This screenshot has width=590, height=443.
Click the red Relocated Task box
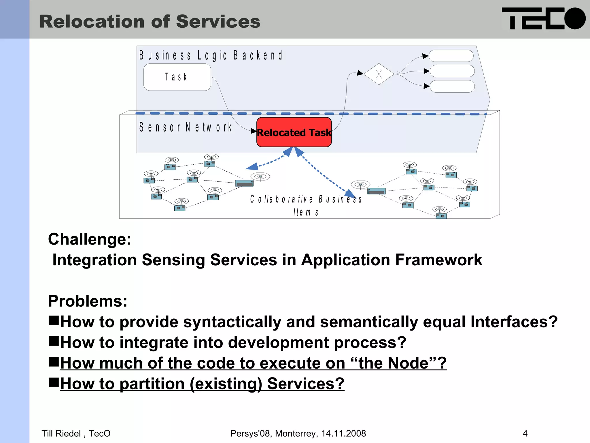coord(294,132)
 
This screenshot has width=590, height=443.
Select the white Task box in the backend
coord(177,77)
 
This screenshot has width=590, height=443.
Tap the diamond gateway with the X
coord(379,74)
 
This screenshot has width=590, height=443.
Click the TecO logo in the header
coord(543,18)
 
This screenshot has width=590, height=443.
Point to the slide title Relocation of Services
coord(150,22)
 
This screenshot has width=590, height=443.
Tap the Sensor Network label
coord(186,127)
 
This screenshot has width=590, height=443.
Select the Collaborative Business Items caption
coord(306,205)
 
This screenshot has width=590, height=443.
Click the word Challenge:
coord(90,239)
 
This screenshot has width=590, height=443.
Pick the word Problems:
coord(88,301)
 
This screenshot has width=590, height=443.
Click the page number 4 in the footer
coord(525,433)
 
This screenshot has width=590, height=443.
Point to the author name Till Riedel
coord(61,433)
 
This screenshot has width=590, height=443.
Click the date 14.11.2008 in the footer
coord(343,433)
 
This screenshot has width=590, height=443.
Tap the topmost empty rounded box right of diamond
coord(451,56)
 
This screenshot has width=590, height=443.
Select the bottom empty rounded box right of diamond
coord(452,86)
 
